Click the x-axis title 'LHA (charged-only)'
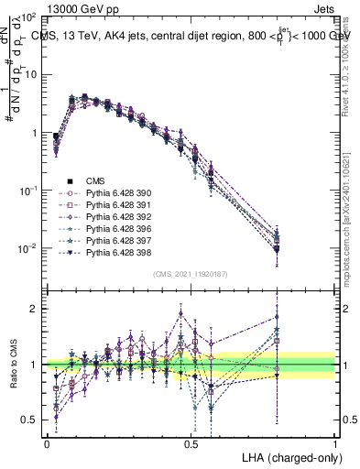click(288, 456)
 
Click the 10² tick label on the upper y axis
click(30, 17)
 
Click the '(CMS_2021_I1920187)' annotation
click(190, 274)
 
